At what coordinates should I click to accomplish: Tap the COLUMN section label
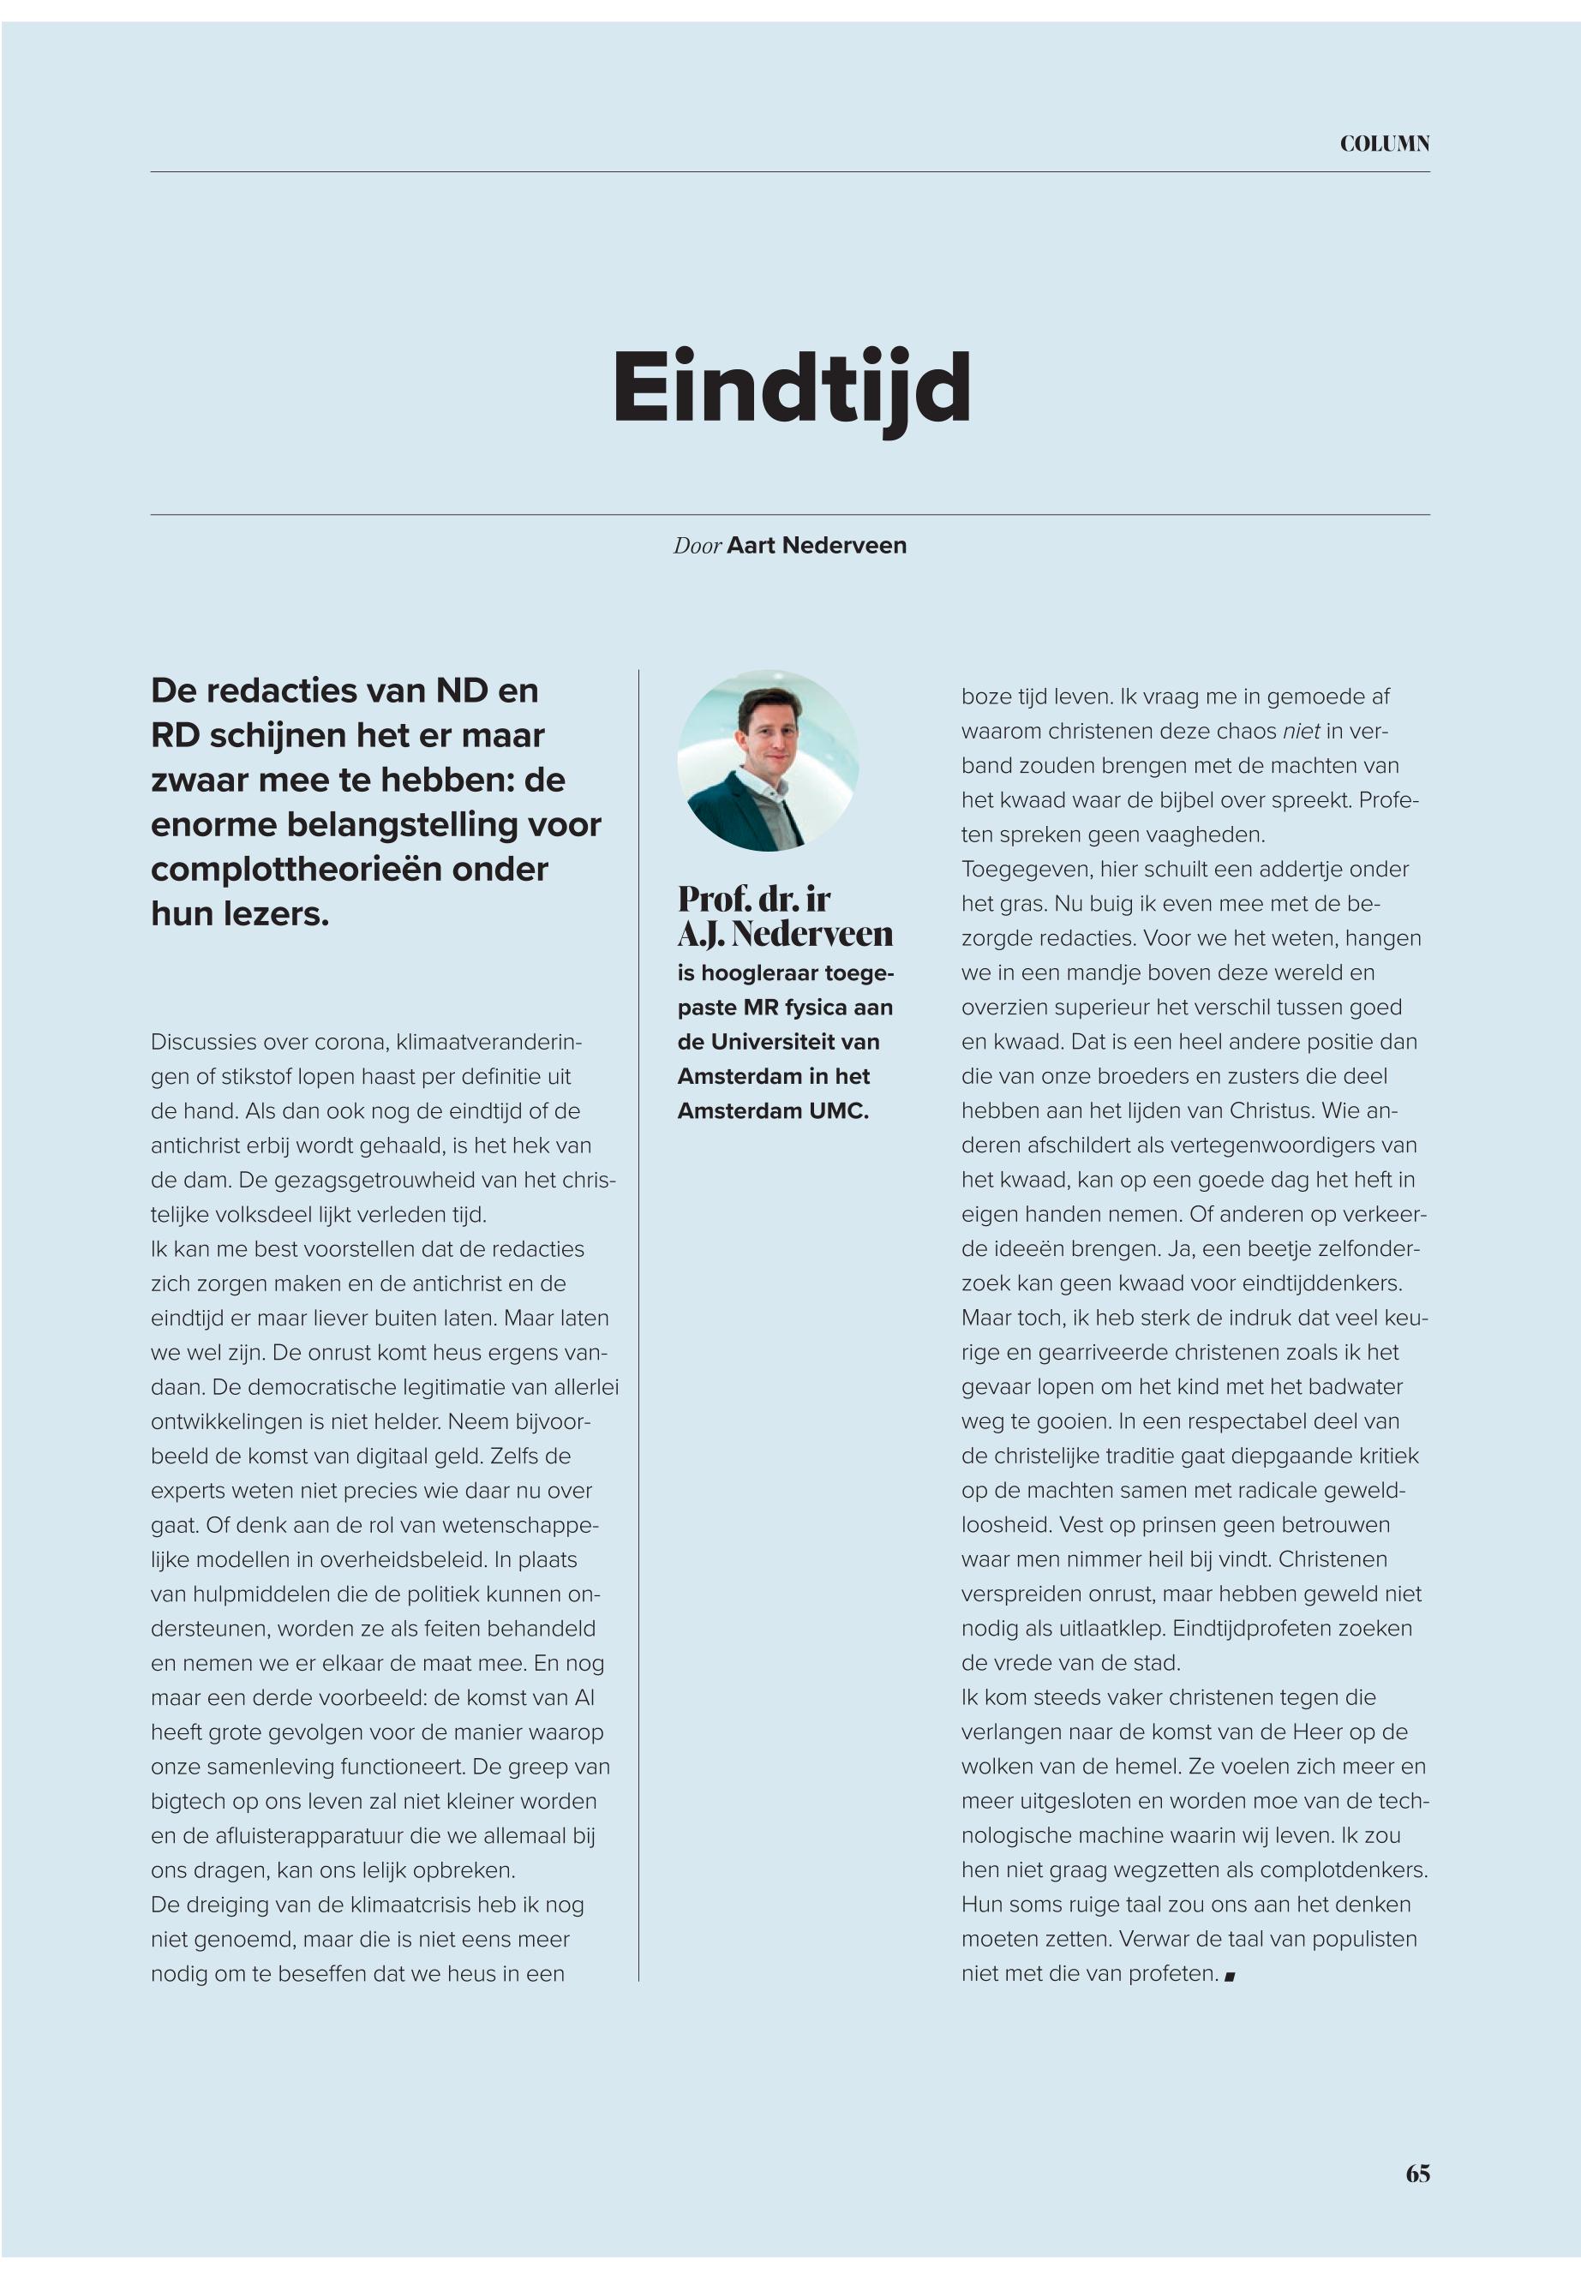[x=1384, y=145]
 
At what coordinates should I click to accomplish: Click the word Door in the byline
[x=698, y=546]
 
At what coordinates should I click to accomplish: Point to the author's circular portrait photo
[x=768, y=760]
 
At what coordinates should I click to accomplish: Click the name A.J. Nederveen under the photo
[x=785, y=933]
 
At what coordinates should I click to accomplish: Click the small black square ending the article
[x=1230, y=1976]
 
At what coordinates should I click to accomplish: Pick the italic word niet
[x=1301, y=731]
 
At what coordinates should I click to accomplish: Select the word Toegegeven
[x=1024, y=869]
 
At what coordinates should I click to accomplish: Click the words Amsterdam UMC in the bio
[x=773, y=1111]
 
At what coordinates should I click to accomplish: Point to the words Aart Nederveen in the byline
[x=817, y=546]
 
